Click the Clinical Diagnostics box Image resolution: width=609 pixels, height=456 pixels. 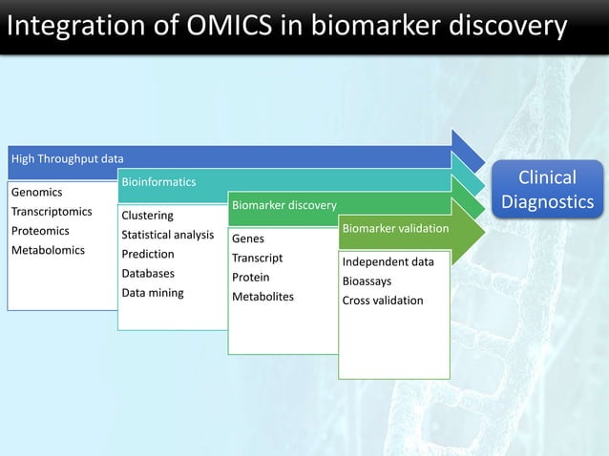tap(548, 190)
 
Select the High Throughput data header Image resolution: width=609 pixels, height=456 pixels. tap(67, 158)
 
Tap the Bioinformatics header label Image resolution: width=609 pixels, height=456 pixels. tap(158, 181)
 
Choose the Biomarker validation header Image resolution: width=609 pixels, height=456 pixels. tap(395, 229)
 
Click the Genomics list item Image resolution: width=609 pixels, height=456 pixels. tap(36, 193)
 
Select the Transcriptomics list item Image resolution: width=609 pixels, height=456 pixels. tap(52, 212)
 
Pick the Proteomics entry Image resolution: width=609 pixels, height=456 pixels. tap(40, 231)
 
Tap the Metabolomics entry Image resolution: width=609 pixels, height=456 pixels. tap(48, 251)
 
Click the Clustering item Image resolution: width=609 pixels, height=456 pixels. tap(147, 216)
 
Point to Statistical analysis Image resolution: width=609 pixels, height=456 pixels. tap(167, 235)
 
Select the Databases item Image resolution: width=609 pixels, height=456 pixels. tap(148, 274)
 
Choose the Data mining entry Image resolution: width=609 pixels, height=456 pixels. tap(153, 293)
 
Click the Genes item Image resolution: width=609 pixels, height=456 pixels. tap(248, 238)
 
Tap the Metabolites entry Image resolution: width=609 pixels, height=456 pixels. tap(263, 297)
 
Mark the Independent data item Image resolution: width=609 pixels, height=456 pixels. tap(388, 262)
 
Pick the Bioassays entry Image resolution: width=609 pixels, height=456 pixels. tap(367, 281)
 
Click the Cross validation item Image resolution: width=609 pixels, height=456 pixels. tap(383, 301)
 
